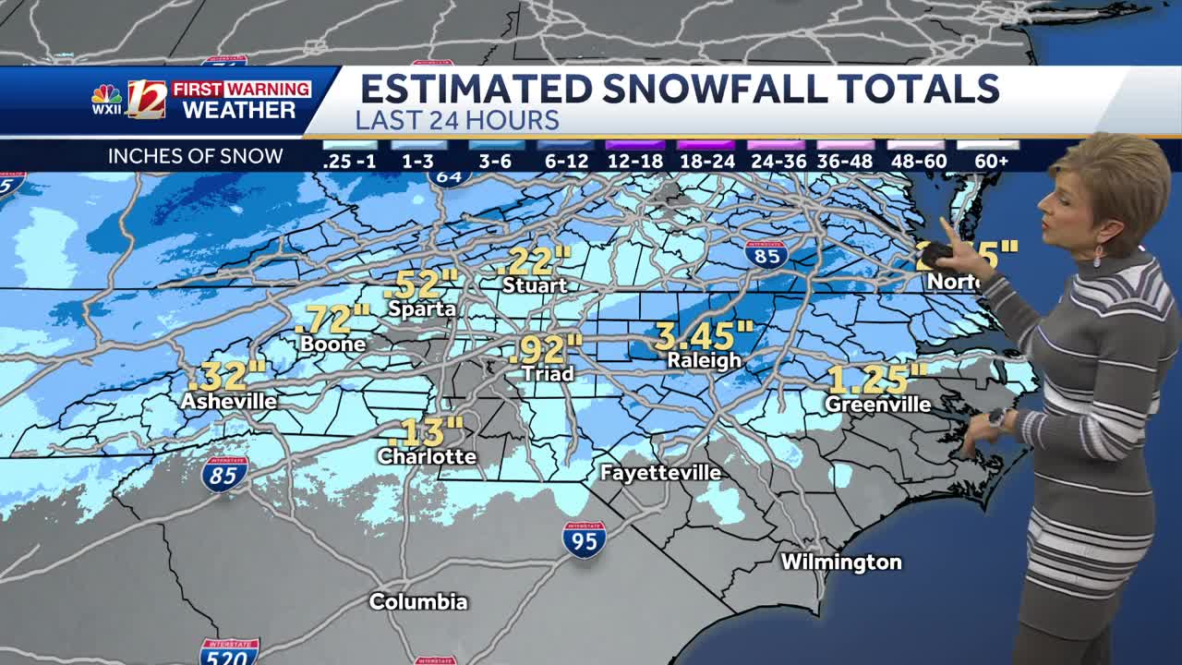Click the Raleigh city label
[705, 361]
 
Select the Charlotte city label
[427, 456]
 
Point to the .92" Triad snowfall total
[546, 349]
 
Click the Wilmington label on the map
[841, 562]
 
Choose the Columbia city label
[418, 601]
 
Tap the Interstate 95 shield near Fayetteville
[585, 539]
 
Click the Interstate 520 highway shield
[229, 652]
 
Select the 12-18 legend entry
[634, 161]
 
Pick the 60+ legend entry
[991, 161]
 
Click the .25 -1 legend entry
[350, 161]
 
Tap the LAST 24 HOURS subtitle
[457, 120]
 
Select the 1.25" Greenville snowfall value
[876, 380]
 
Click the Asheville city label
[228, 401]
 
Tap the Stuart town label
[535, 285]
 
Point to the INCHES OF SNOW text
[195, 156]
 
